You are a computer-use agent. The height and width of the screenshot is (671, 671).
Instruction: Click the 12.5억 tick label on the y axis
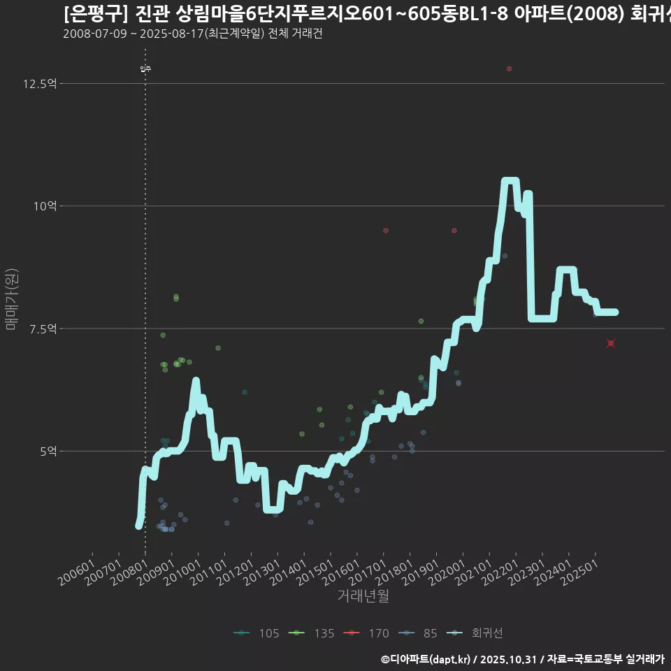40,84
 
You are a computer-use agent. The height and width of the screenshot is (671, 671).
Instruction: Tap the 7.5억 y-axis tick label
43,329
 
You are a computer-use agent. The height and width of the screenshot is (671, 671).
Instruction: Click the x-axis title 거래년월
363,596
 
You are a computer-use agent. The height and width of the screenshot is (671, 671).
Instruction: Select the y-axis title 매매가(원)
11,299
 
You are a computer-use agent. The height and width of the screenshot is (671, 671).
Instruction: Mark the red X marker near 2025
610,343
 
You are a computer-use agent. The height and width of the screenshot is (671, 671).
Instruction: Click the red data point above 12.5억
509,68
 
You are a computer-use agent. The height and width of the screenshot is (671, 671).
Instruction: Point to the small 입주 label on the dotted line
145,68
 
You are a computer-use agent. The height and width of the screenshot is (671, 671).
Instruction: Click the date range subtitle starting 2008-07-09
192,34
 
